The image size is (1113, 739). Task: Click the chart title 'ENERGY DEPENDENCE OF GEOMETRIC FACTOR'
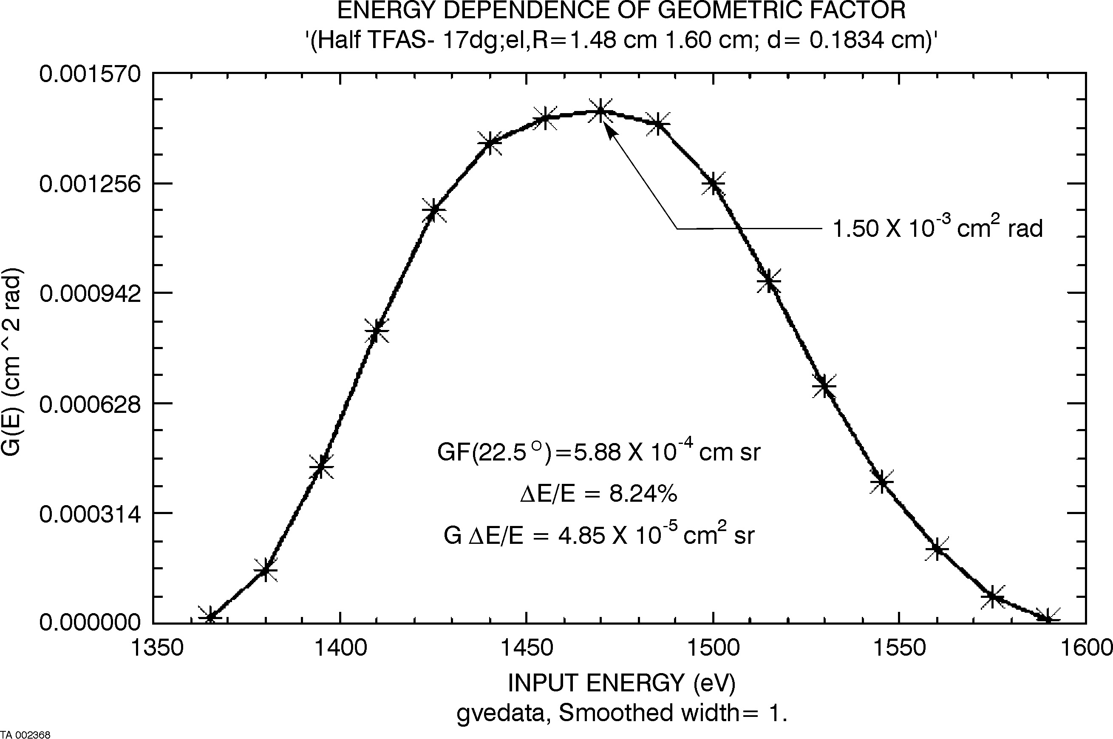(621, 11)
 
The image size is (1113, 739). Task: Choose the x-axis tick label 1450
(527, 648)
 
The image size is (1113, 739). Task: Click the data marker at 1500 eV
(713, 183)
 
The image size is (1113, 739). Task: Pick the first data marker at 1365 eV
(210, 617)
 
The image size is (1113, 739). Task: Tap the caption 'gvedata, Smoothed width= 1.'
(621, 713)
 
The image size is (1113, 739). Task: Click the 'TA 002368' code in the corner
(26, 734)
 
